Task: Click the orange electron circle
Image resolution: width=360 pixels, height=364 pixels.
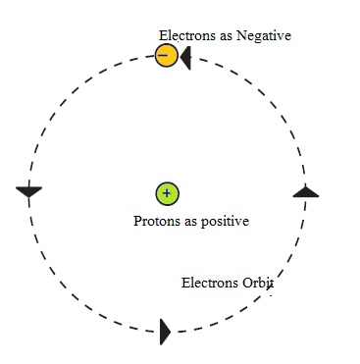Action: coord(167,56)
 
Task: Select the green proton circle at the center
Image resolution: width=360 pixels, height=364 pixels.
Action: coord(167,193)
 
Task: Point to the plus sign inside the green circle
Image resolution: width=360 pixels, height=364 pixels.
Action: coord(167,193)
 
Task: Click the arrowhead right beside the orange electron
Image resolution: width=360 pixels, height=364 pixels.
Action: coord(185,57)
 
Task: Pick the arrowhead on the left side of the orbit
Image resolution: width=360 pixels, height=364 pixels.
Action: coord(29,191)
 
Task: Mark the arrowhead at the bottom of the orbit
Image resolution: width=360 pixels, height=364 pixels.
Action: coord(165,332)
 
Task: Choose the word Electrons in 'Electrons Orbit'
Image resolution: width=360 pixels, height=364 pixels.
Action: coord(210,284)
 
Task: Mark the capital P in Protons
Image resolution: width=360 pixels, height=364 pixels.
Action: coord(138,221)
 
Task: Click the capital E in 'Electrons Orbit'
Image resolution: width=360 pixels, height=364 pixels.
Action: coord(186,284)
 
